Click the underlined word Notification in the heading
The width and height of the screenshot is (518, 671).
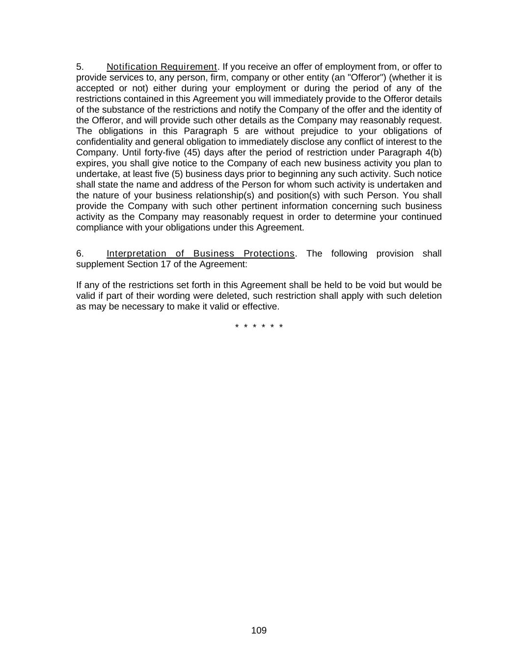(132, 67)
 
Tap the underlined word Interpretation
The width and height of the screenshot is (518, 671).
(136, 254)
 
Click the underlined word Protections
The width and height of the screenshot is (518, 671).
(269, 254)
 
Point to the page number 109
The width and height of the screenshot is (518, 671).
(259, 631)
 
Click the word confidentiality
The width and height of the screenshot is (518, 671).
(104, 142)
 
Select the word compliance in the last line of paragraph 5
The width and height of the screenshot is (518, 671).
(97, 228)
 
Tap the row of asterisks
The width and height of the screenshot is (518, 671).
(259, 327)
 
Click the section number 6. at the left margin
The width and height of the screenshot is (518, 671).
(80, 254)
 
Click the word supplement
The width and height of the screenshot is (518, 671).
(100, 264)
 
